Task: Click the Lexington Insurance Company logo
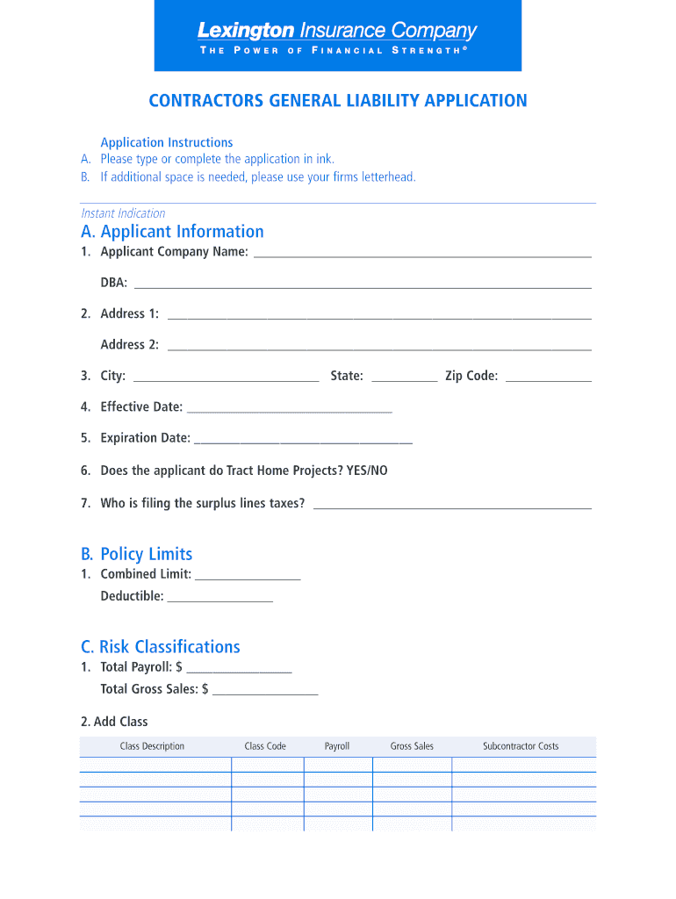click(337, 36)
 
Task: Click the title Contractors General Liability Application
click(338, 101)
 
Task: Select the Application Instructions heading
click(167, 142)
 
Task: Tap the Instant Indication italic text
click(123, 213)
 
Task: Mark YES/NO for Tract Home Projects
click(366, 471)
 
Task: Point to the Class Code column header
click(265, 746)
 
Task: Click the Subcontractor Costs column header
click(521, 746)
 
